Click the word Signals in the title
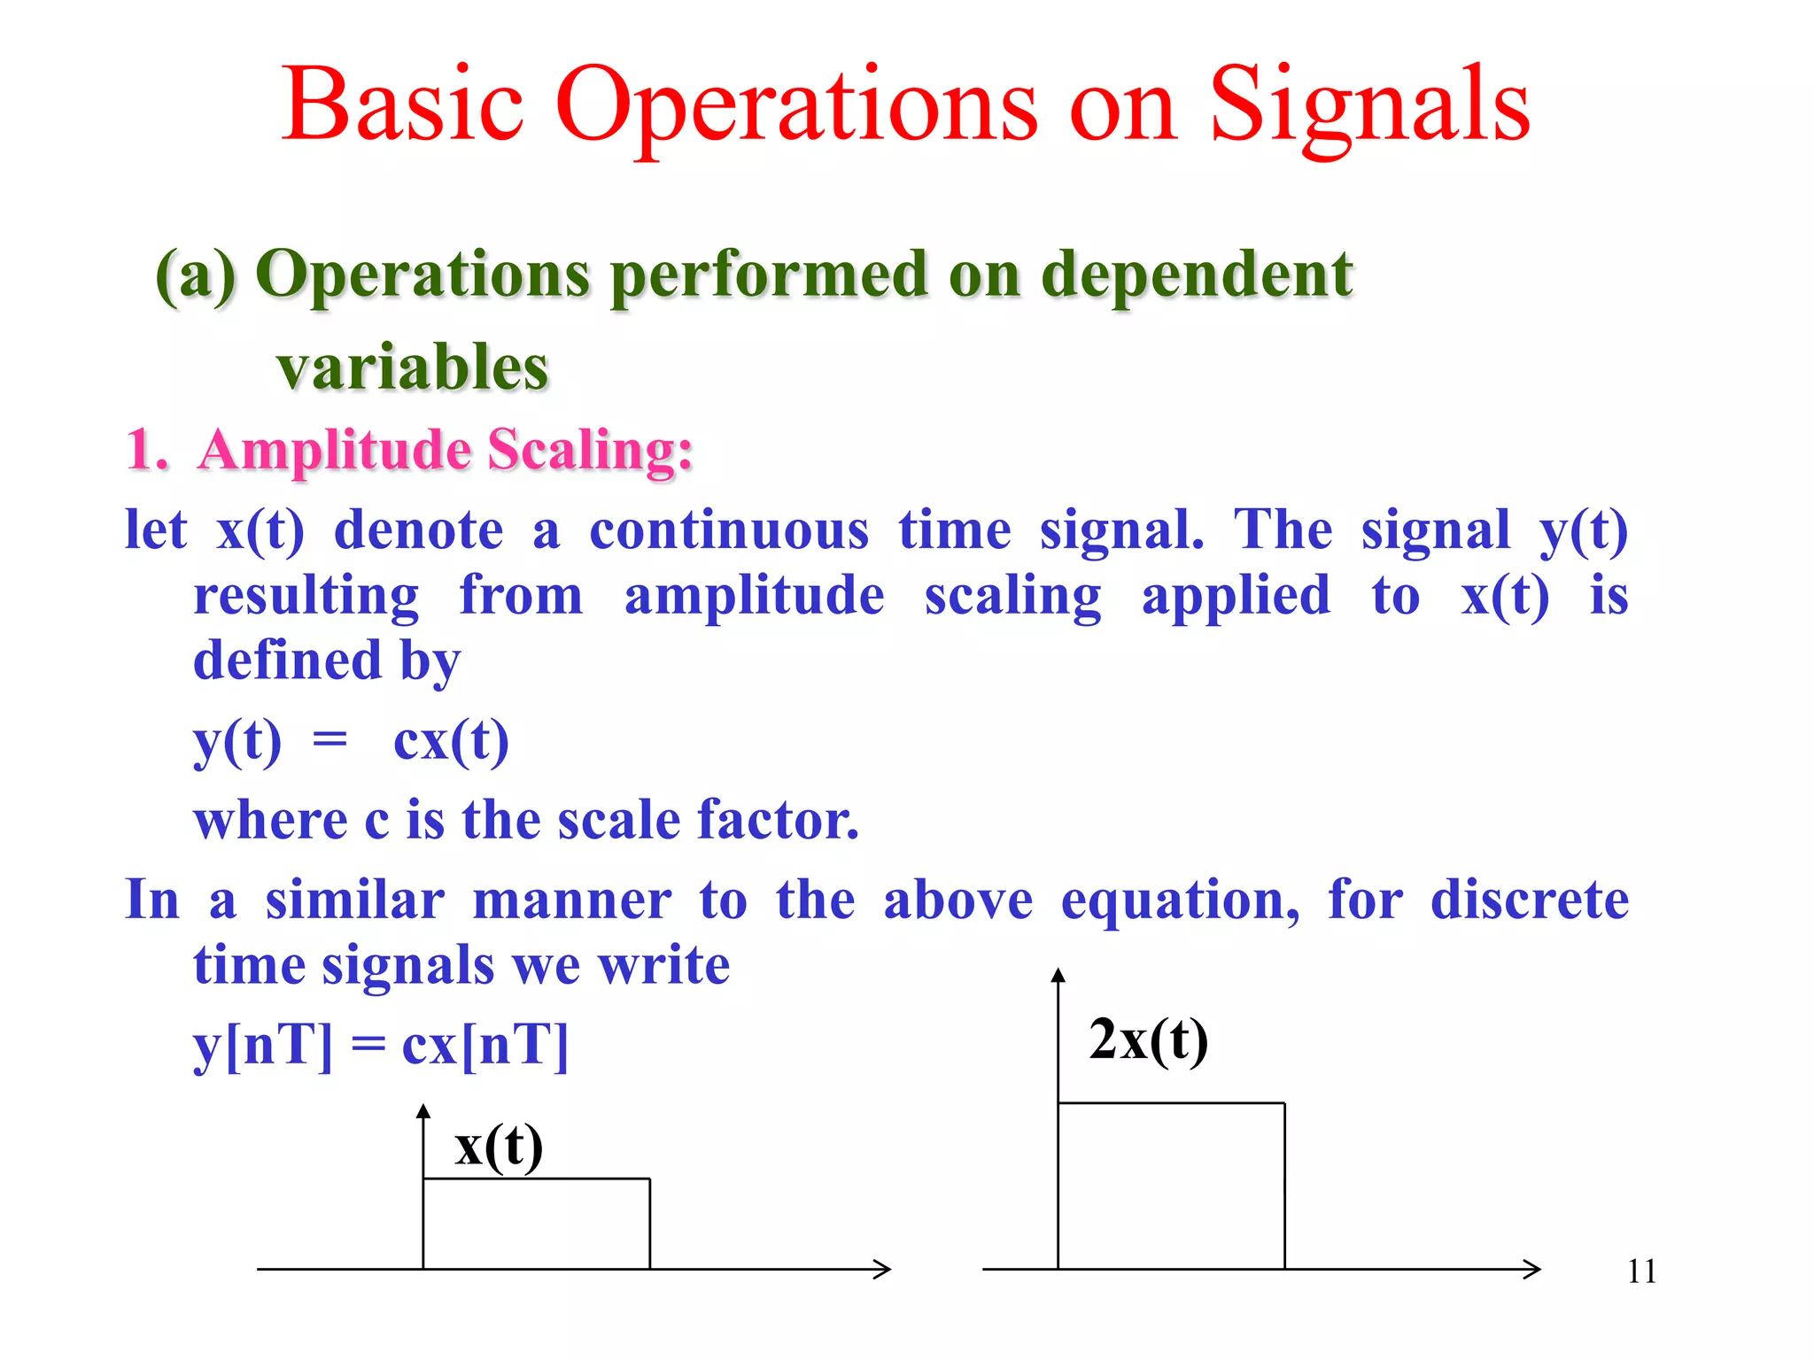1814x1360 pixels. click(x=1369, y=106)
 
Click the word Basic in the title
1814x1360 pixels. click(x=403, y=106)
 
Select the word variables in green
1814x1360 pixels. click(x=413, y=367)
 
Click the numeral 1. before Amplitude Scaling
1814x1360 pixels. click(x=146, y=450)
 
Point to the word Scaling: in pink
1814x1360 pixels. click(x=590, y=450)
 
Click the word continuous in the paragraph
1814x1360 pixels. click(x=729, y=531)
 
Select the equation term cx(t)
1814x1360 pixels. click(x=451, y=740)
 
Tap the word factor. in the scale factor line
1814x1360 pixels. click(x=778, y=819)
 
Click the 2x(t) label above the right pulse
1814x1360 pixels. click(x=1148, y=1039)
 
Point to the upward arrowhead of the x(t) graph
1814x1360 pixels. click(x=423, y=1111)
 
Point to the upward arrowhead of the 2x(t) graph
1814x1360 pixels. click(x=1058, y=975)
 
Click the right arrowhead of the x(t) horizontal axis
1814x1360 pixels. click(x=883, y=1269)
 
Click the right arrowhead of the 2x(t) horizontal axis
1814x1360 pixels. click(x=1533, y=1269)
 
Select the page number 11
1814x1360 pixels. click(x=1641, y=1271)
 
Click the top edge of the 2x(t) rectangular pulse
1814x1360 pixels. click(x=1171, y=1103)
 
